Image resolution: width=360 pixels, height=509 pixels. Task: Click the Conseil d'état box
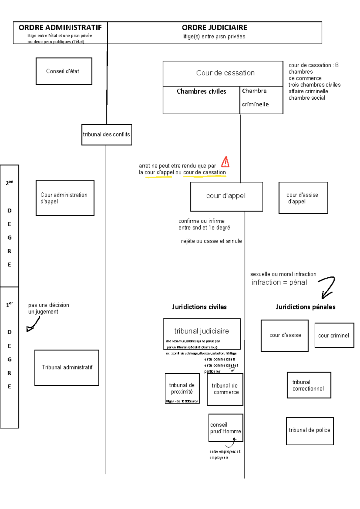[64, 71]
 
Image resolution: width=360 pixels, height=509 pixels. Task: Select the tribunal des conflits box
[106, 135]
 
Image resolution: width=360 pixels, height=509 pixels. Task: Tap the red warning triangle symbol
[225, 162]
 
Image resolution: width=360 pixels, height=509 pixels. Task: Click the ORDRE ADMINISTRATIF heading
[60, 28]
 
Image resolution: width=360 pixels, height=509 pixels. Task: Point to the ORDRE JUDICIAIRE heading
[214, 28]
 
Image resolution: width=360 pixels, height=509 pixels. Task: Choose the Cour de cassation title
[225, 73]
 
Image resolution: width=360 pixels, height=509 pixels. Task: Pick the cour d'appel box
[226, 196]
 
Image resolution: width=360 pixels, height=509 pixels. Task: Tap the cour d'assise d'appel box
[303, 198]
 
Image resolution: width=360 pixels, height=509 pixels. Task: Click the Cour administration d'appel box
[65, 198]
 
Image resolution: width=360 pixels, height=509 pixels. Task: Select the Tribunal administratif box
[67, 367]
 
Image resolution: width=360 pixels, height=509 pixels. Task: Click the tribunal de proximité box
[182, 388]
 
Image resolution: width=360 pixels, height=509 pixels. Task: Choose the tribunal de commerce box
[225, 389]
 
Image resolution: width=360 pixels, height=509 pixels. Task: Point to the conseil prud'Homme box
[225, 428]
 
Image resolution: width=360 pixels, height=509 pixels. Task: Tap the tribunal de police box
[310, 431]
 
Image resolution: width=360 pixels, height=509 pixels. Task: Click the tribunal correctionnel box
[309, 385]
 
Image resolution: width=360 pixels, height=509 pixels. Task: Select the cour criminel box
[334, 335]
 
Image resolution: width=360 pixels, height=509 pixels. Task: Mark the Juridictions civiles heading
[199, 307]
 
